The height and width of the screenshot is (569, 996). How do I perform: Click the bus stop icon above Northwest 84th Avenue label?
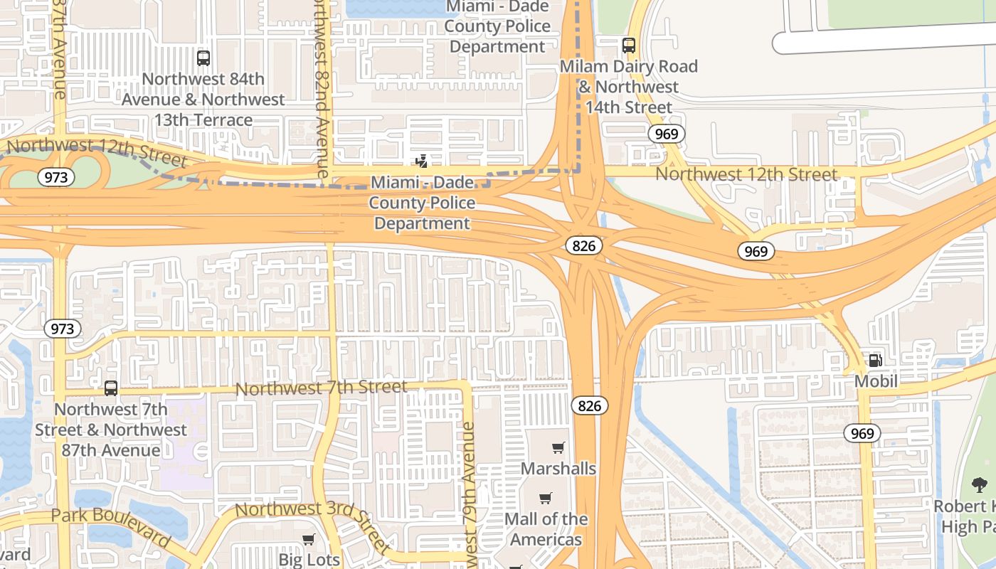pyautogui.click(x=203, y=58)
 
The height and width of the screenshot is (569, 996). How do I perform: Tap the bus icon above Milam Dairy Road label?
pyautogui.click(x=629, y=46)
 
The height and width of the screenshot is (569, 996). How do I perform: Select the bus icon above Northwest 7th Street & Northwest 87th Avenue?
pyautogui.click(x=111, y=388)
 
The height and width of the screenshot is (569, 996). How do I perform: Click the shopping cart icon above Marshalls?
pyautogui.click(x=558, y=448)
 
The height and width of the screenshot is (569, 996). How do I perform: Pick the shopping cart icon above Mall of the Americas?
pyautogui.click(x=546, y=499)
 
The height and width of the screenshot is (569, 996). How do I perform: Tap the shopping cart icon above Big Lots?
pyautogui.click(x=309, y=539)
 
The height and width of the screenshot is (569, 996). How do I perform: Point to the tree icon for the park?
pyautogui.click(x=980, y=486)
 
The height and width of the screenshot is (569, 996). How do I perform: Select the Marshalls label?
pyautogui.click(x=558, y=469)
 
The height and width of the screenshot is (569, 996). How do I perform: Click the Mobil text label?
pyautogui.click(x=876, y=381)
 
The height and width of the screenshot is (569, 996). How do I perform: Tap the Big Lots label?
pyautogui.click(x=309, y=560)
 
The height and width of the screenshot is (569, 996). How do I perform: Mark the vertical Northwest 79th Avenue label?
pyautogui.click(x=467, y=494)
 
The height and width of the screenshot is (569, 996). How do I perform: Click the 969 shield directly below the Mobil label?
pyautogui.click(x=862, y=433)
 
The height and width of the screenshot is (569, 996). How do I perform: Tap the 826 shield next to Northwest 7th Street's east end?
pyautogui.click(x=589, y=406)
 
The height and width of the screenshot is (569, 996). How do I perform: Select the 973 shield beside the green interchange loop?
pyautogui.click(x=55, y=177)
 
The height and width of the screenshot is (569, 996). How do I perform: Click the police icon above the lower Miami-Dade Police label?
pyautogui.click(x=421, y=161)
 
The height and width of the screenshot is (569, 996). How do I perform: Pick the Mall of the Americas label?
pyautogui.click(x=546, y=529)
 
